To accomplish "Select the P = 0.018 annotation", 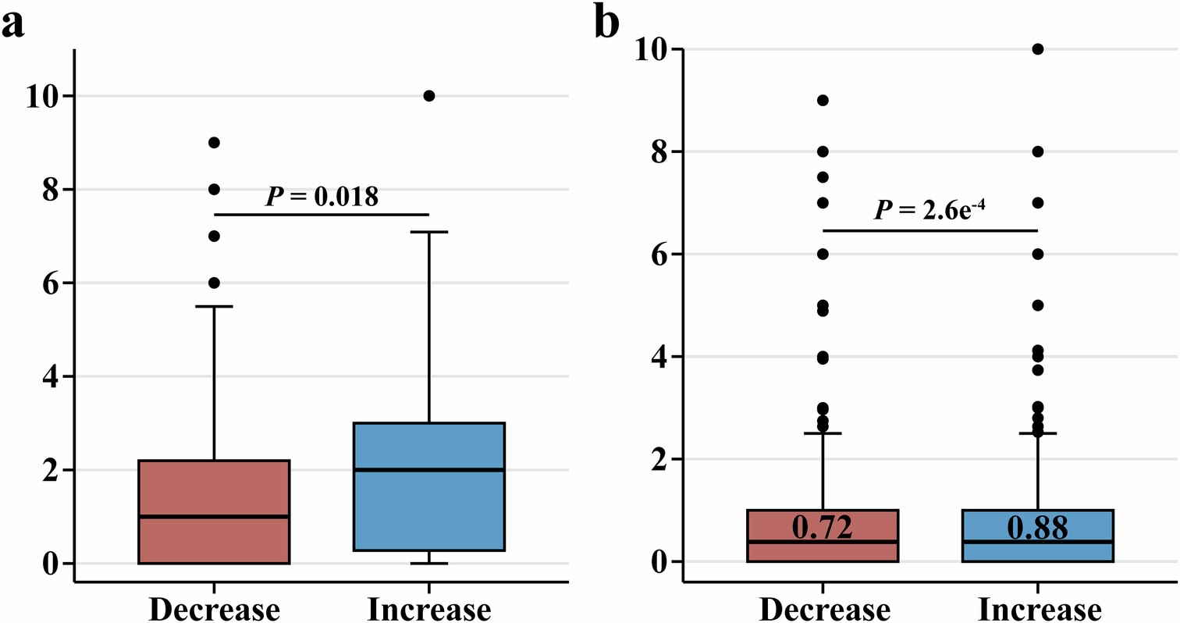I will pos(322,197).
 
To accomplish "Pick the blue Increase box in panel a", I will pos(428,486).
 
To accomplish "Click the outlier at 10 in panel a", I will pos(428,95).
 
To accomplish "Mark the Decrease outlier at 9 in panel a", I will pos(214,142).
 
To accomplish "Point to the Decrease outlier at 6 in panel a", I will pos(214,283).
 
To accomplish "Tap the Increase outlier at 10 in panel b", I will pos(1037,48).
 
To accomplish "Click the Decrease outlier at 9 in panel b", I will pos(823,100).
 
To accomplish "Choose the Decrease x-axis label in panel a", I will pos(213,609).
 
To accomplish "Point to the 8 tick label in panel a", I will pos(52,190).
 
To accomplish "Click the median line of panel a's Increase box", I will pos(428,469).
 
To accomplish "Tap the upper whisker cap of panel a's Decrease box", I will pos(213,306).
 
